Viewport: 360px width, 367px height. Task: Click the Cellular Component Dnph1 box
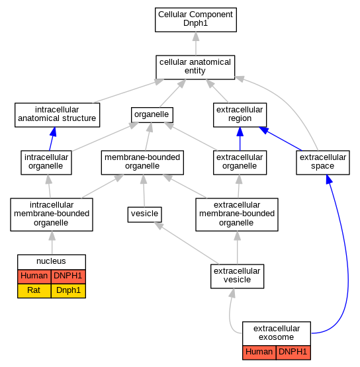196,20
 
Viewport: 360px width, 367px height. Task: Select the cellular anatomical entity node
195,67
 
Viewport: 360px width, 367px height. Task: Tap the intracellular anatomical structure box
57,115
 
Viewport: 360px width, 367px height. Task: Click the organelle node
152,114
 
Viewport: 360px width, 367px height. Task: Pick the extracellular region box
240,115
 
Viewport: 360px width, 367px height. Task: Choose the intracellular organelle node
46,163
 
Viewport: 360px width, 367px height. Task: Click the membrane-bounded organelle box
142,163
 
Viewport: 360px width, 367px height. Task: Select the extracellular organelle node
240,163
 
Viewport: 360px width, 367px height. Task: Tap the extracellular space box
323,163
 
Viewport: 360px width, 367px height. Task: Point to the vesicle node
144,214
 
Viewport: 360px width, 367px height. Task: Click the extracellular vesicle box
238,276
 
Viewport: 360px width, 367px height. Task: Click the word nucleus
51,261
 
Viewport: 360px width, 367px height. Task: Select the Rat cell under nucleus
34,290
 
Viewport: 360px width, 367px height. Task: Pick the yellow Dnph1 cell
68,290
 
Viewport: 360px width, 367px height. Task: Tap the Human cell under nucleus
34,276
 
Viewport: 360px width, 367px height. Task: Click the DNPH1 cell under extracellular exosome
293,352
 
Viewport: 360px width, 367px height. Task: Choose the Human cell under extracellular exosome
259,352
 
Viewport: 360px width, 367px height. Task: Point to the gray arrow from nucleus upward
52,243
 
